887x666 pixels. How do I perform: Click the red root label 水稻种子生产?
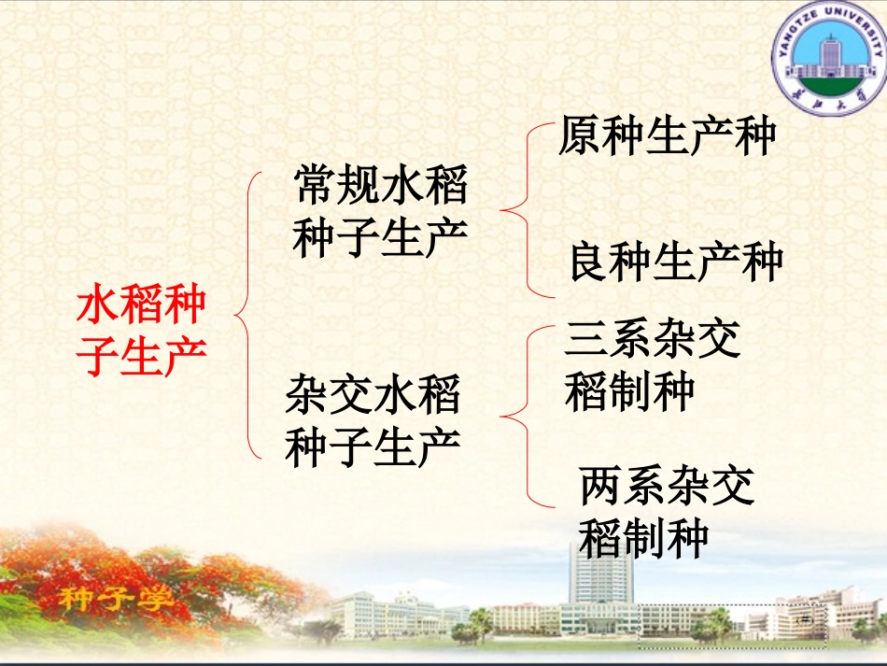tap(141, 331)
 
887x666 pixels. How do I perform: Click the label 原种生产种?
tap(668, 136)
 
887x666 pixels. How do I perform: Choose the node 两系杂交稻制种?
tap(666, 512)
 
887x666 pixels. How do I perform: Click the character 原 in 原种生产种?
tap(581, 136)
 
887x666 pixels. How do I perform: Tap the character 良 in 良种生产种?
tap(591, 262)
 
